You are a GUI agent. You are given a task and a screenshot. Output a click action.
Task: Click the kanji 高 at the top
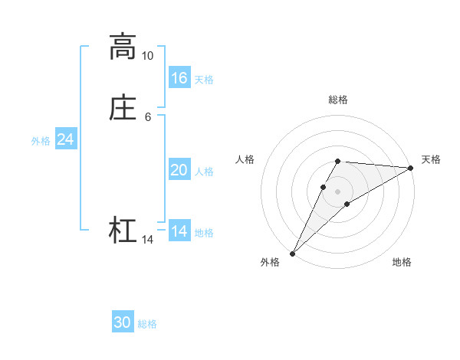[x=122, y=47]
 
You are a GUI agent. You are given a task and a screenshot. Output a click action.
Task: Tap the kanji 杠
[x=122, y=231]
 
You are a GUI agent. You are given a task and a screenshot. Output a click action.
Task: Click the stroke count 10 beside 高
[x=147, y=56]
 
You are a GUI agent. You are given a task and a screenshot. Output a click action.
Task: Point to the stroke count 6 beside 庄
[x=147, y=116]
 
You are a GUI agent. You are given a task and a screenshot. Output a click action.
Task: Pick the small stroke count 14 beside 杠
[x=147, y=240]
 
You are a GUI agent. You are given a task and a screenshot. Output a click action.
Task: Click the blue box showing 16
[x=179, y=78]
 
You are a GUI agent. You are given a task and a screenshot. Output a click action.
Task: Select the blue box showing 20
[x=179, y=170]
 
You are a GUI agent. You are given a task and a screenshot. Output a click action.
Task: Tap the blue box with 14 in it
[x=179, y=231]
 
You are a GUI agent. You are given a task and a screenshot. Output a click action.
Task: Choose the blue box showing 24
[x=65, y=139]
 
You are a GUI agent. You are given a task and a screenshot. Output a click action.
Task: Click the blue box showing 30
[x=123, y=322]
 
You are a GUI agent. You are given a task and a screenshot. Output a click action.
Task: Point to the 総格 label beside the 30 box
[x=147, y=324]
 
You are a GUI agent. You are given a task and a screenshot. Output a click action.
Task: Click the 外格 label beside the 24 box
[x=41, y=141]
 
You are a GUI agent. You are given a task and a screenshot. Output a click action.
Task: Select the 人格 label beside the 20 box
[x=205, y=172]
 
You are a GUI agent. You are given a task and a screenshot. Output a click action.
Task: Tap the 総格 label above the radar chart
[x=338, y=100]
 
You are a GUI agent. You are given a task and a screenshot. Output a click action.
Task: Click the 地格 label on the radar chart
[x=402, y=263]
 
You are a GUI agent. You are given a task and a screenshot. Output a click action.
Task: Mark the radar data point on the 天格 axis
[x=410, y=168]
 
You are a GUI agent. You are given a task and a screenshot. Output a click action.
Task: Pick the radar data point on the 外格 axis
[x=292, y=254]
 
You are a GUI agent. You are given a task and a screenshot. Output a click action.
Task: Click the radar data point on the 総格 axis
[x=338, y=161]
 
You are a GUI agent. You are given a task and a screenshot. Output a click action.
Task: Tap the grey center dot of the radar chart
[x=338, y=191]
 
